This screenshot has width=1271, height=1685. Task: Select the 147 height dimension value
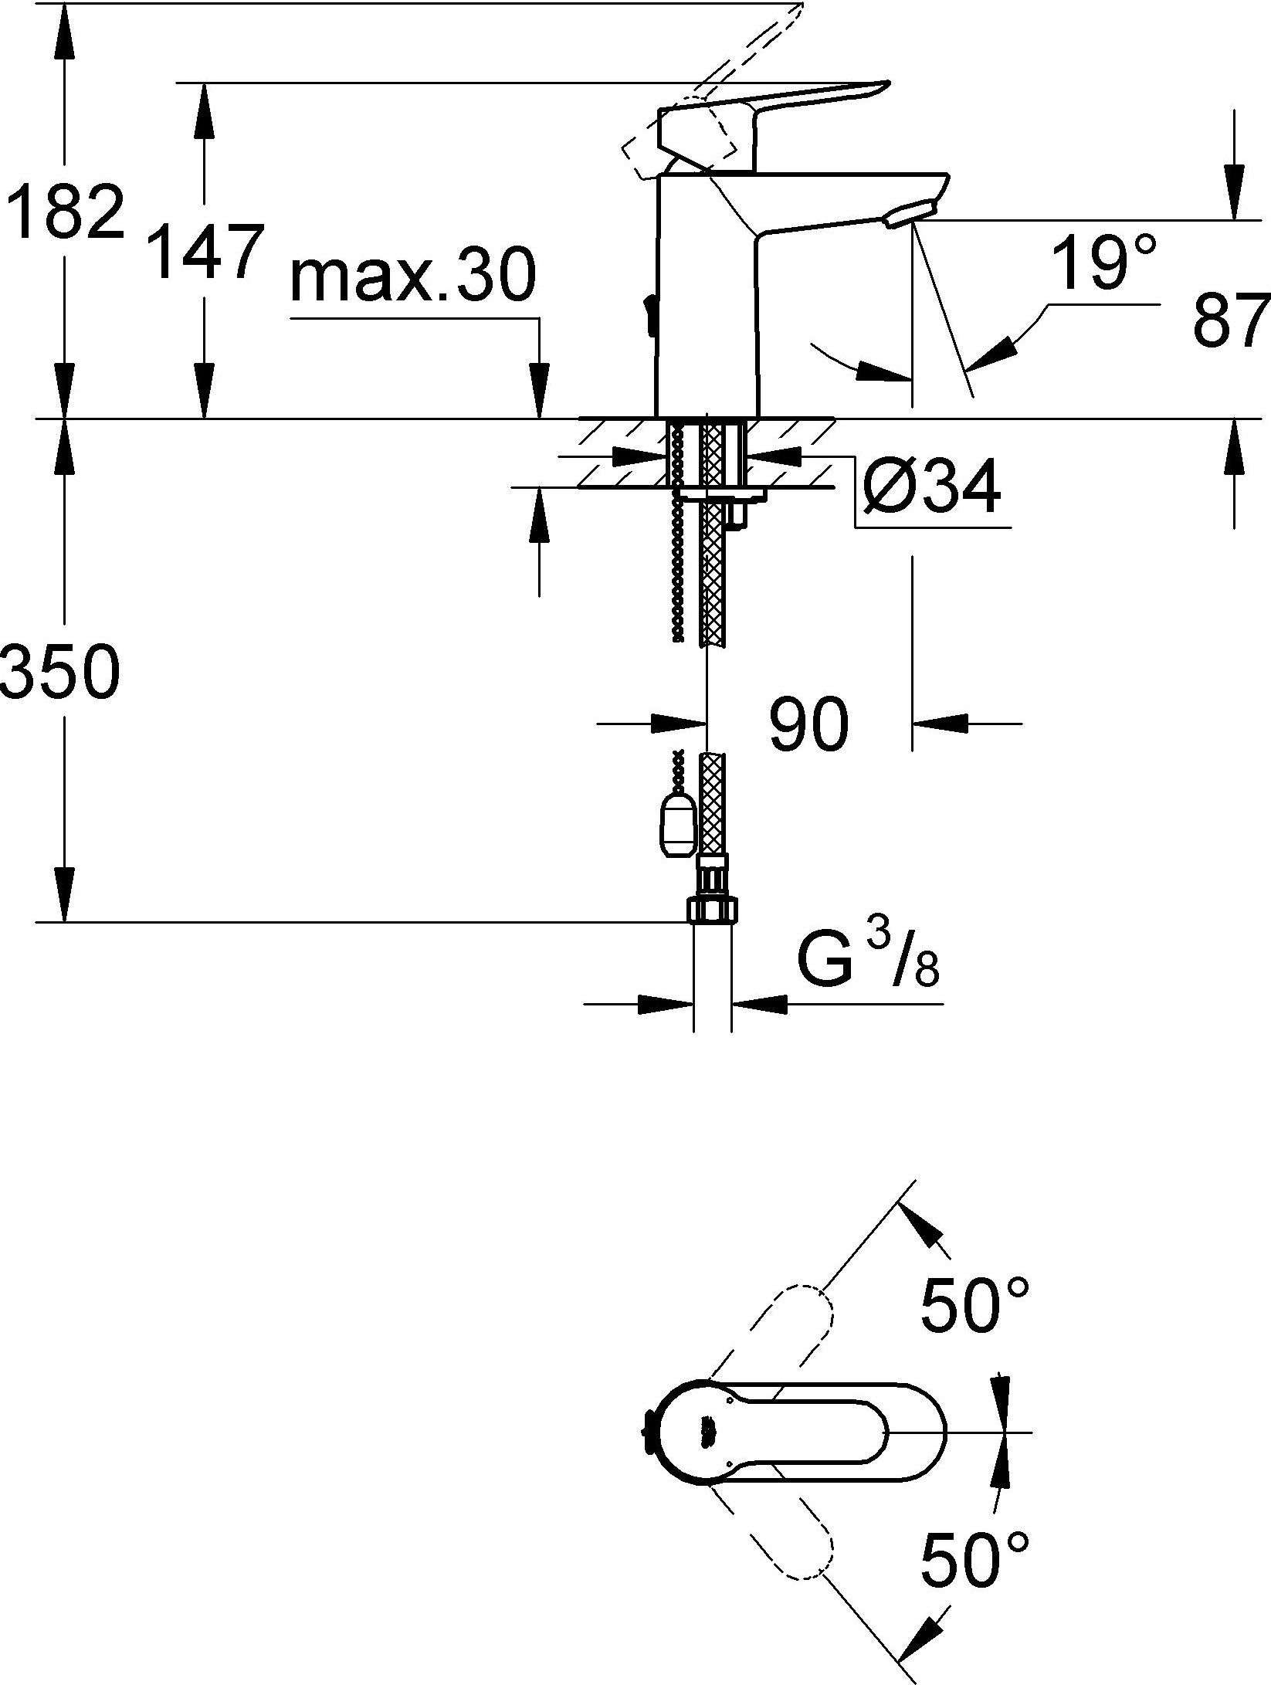204,251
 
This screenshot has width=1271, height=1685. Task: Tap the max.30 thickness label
412,276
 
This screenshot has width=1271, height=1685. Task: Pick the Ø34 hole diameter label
930,487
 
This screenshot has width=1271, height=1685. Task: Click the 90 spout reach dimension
808,725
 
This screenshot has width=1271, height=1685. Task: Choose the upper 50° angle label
976,1304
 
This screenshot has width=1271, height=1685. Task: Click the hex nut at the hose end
710,911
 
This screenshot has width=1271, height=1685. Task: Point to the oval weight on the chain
677,826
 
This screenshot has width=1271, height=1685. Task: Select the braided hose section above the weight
712,803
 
